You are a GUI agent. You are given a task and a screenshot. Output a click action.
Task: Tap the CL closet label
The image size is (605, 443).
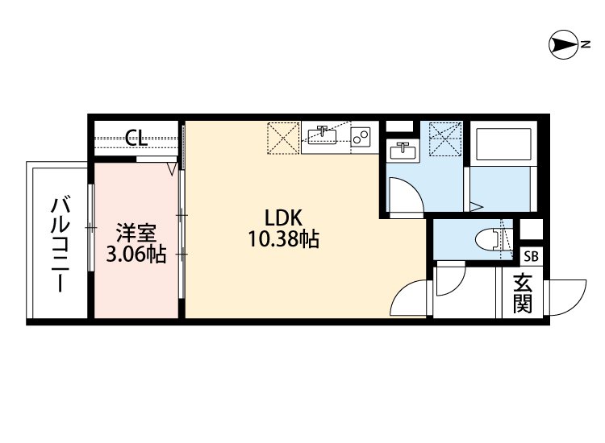(x=136, y=138)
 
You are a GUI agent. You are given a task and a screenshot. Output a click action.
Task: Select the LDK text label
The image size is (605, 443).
(x=283, y=217)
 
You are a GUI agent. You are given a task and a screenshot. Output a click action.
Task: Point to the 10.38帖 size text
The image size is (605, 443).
(x=283, y=238)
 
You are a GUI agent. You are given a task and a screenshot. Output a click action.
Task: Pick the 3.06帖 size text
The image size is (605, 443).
(x=136, y=255)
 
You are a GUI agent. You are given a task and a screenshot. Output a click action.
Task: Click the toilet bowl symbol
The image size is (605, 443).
(x=490, y=239)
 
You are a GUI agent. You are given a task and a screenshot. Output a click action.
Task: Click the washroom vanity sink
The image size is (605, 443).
(x=401, y=151)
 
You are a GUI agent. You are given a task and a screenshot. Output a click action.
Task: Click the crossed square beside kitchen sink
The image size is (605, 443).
(x=284, y=138)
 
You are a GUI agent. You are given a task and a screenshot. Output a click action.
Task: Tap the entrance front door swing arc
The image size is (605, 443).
(x=569, y=300)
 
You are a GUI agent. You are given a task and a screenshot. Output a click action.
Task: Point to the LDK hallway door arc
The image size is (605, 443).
(x=408, y=300)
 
